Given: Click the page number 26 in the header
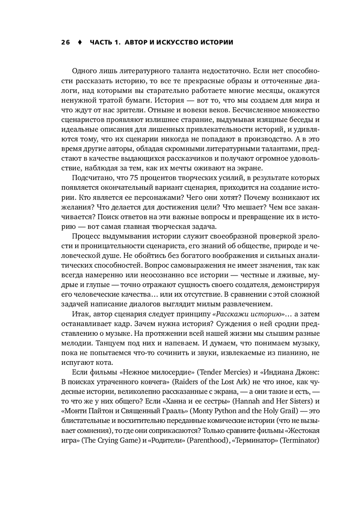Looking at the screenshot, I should [x=65, y=42].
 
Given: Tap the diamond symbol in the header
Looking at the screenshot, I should [x=80, y=42].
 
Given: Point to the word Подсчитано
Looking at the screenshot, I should [x=90, y=178].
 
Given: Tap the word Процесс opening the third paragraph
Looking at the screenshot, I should [x=86, y=236].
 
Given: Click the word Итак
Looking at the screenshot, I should [x=81, y=314].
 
